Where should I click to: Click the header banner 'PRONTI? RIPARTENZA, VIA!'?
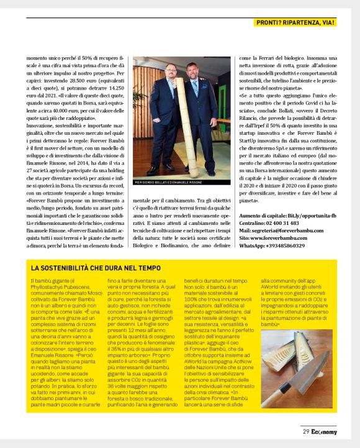tap(296, 23)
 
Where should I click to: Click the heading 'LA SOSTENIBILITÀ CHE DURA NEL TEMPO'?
tap(96, 268)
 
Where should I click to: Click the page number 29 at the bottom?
tap(306, 431)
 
